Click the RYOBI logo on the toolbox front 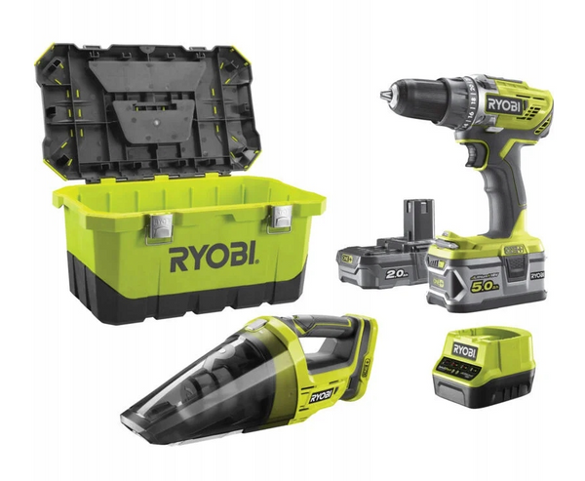214,258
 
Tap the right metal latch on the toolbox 281,220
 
